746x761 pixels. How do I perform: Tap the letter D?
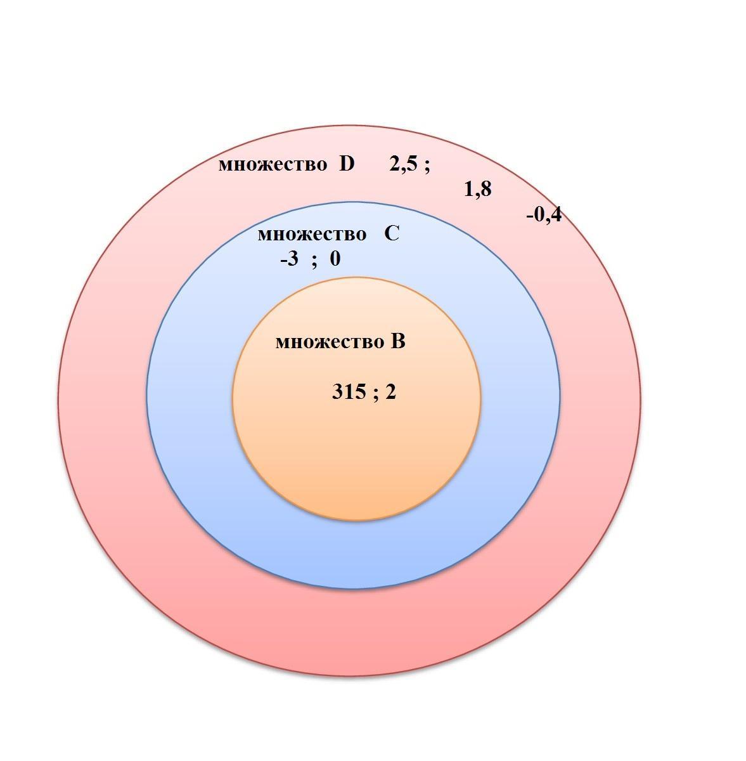347,163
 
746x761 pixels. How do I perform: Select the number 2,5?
403,164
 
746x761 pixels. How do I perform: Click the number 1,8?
478,190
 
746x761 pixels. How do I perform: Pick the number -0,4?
544,216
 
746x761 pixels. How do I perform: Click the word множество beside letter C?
312,235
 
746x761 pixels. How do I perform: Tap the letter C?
392,233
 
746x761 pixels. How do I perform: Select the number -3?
289,259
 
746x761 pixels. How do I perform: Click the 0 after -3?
335,259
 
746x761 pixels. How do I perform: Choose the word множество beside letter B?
330,342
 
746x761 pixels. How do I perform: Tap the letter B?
398,341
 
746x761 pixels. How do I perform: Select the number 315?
349,392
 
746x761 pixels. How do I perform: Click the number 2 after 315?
390,392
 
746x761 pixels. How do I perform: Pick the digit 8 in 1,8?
486,189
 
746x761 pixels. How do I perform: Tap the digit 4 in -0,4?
555,215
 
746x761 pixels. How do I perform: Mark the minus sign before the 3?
283,261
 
